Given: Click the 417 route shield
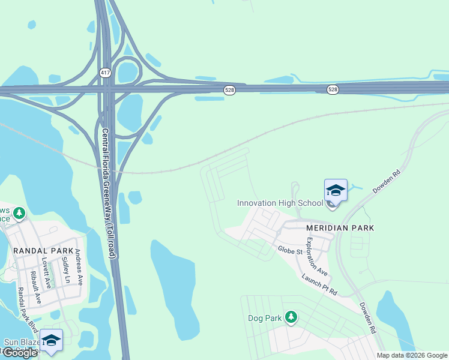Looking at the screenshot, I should coord(106,71).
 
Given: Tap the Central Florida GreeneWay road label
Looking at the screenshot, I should coord(108,193).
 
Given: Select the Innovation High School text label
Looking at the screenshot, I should coord(280,203).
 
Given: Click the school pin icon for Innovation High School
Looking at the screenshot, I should coord(336,191).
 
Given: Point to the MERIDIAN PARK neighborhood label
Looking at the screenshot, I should coord(340,228).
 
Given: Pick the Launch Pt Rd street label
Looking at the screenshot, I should coord(320,284).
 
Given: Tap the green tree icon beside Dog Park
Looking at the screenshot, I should coord(291,316).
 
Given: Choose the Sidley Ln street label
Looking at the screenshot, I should coord(65,271).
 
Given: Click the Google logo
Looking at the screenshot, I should coord(20,353).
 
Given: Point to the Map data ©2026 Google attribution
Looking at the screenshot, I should coord(412,355).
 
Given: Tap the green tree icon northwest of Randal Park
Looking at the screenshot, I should coord(19,214).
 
